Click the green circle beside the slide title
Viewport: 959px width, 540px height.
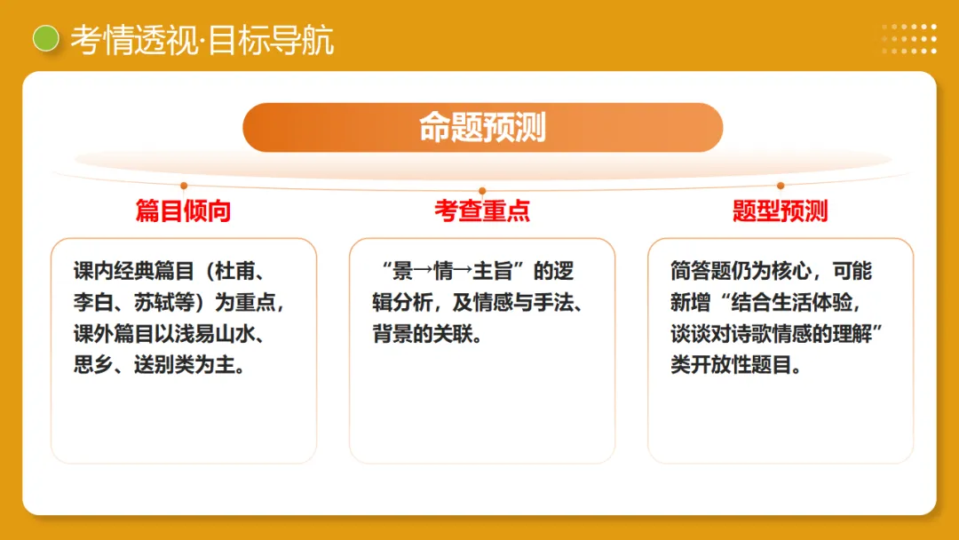point(45,38)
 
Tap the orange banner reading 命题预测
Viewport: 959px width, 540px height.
point(482,127)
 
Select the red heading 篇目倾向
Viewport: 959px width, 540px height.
point(183,210)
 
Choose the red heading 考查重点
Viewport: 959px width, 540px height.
point(482,210)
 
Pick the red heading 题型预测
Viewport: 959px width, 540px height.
point(781,210)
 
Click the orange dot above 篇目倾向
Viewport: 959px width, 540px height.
point(184,186)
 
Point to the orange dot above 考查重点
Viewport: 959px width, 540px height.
point(482,190)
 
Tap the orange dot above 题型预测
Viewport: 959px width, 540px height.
point(781,186)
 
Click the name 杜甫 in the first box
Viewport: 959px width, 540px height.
point(234,271)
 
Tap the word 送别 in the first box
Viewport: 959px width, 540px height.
point(155,364)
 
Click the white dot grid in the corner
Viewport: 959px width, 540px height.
point(909,38)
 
